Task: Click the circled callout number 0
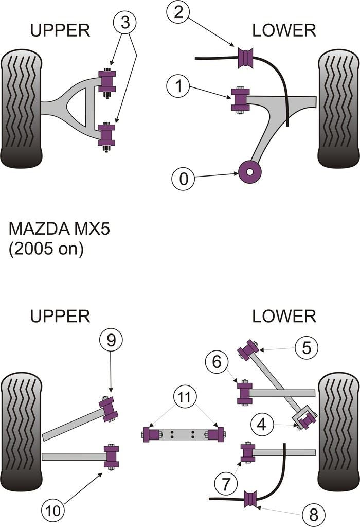tap(184, 180)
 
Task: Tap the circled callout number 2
tap(178, 13)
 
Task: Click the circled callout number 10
tap(53, 511)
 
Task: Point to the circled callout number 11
tap(184, 397)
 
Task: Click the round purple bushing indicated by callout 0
tap(251, 171)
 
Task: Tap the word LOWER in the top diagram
tap(284, 30)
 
